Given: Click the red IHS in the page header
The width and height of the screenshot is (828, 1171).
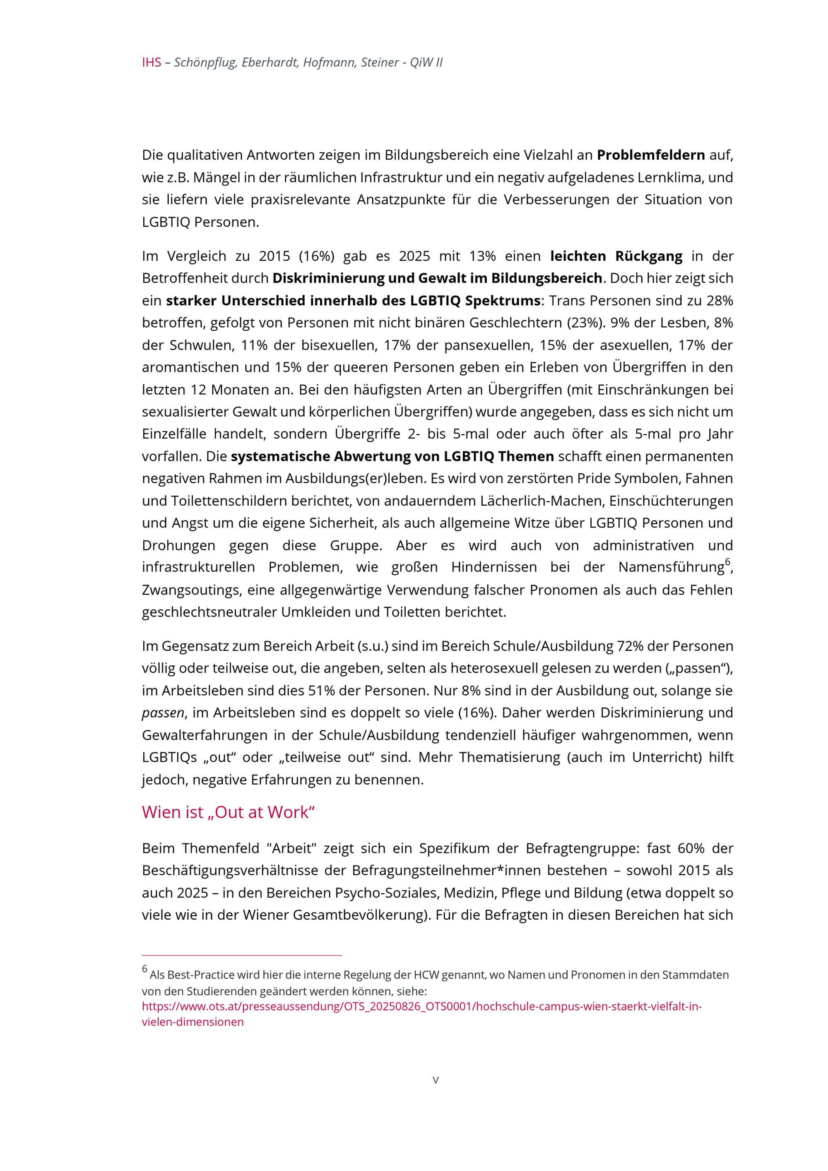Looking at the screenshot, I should point(151,63).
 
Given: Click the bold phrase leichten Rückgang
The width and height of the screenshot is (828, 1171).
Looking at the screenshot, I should point(616,256).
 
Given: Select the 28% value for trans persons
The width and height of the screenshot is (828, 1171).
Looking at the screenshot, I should point(720,300).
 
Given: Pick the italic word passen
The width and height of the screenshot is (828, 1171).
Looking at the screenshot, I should point(163,713).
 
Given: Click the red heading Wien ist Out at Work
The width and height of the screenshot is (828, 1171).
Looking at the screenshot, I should point(228,812).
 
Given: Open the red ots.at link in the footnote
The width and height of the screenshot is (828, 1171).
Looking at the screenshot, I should point(421,1007).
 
